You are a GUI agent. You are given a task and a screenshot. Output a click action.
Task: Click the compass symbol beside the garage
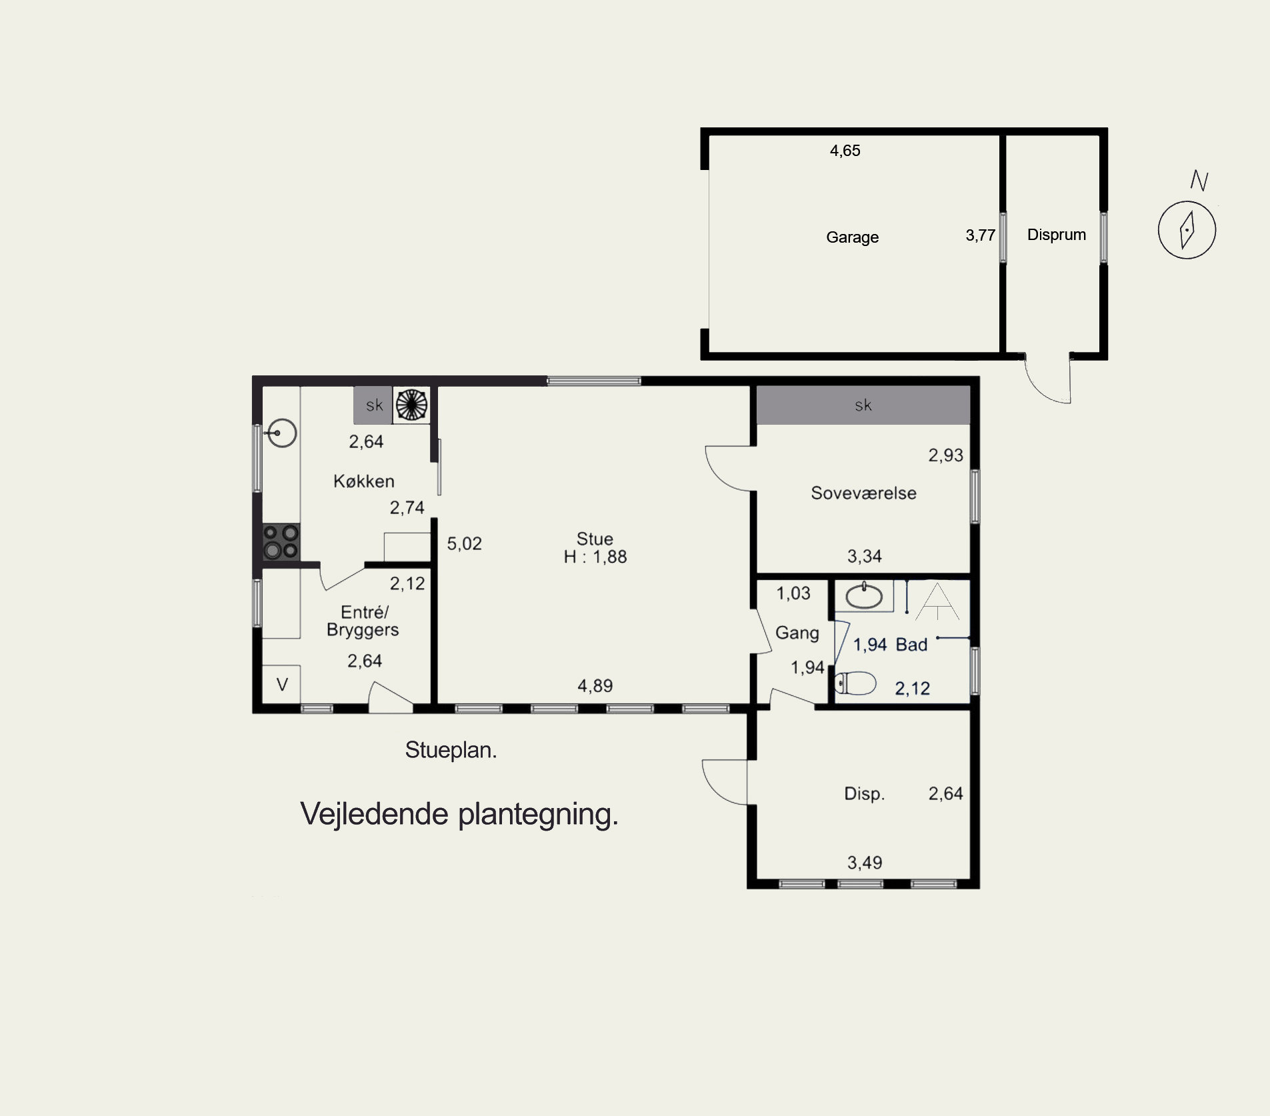pos(1187,230)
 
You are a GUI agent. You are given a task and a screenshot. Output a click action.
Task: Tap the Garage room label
pos(852,237)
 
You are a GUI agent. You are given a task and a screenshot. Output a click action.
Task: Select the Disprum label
pos(1056,235)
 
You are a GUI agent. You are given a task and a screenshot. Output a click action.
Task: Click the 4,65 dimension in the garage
pos(845,151)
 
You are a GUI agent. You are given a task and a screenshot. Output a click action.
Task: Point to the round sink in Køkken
pos(282,433)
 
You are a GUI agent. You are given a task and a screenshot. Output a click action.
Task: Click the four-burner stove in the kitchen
pos(281,541)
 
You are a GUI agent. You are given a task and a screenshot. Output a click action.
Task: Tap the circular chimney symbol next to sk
pos(411,405)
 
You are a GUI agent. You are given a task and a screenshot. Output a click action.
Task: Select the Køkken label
pos(364,481)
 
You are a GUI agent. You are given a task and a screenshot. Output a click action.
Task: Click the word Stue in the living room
pos(595,539)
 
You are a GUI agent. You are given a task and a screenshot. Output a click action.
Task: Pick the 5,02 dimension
pos(464,544)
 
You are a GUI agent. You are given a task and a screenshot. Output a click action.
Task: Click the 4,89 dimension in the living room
pos(595,686)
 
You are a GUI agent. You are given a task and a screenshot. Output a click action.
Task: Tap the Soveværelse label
pos(863,493)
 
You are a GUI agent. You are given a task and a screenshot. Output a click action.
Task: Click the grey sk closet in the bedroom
pos(863,405)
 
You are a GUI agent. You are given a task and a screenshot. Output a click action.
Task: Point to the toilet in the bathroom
pos(855,683)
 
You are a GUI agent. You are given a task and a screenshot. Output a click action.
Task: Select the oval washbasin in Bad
pos(864,596)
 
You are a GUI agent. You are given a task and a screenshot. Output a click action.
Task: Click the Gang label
pos(797,633)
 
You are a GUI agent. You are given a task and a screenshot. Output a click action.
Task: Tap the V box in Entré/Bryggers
pos(281,685)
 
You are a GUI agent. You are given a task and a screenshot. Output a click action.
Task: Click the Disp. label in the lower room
pos(864,794)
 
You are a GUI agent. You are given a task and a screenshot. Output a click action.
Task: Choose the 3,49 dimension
pos(865,863)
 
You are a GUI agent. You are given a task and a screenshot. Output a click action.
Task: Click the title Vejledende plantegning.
pos(459,814)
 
